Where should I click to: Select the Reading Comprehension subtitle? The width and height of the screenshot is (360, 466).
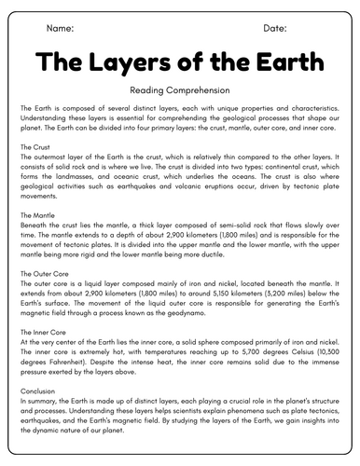180,90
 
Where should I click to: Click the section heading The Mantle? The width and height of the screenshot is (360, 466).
40,215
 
